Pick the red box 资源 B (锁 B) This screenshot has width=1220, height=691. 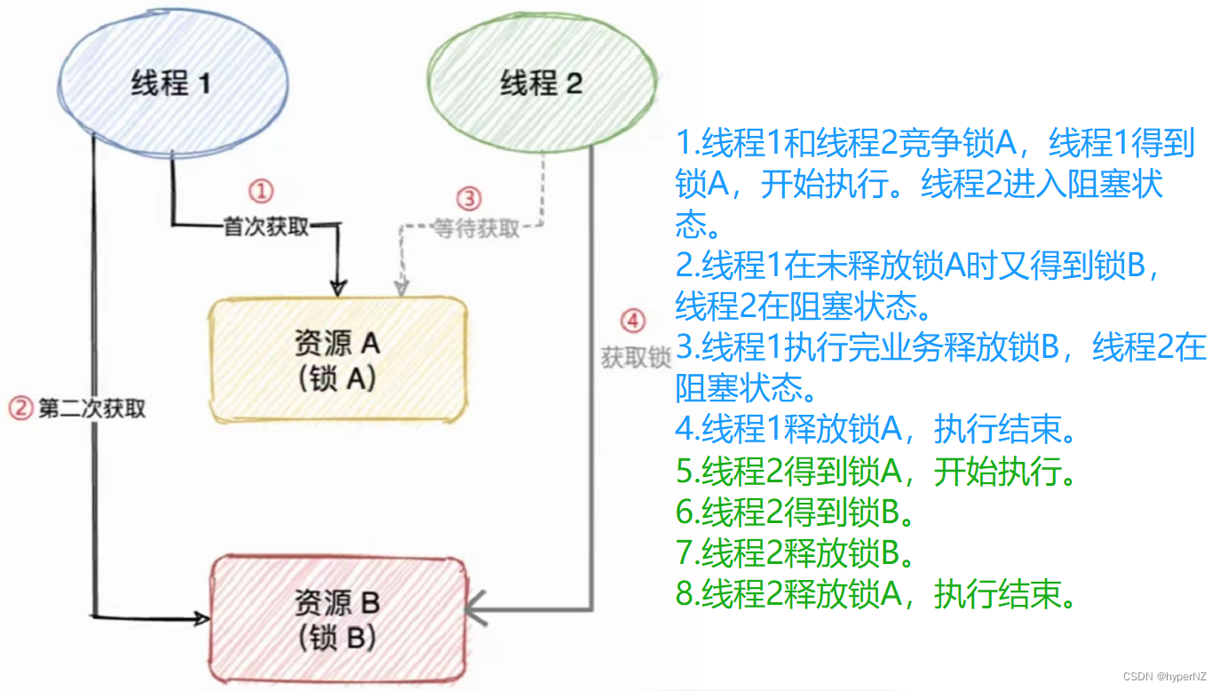pos(337,618)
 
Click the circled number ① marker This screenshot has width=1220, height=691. pos(260,191)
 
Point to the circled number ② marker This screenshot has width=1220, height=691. pos(20,409)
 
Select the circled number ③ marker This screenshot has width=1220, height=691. pos(468,197)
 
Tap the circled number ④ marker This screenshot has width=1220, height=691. pos(631,321)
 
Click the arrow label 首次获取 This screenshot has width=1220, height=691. pos(266,227)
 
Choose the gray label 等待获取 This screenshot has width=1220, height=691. pos(476,228)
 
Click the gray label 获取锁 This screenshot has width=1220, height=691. pos(635,358)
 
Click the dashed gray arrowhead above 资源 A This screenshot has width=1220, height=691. pos(402,287)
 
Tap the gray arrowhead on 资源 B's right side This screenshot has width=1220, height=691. pos(474,610)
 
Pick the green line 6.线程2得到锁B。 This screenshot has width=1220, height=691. pos(796,513)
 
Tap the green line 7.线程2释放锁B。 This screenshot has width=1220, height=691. pos(796,554)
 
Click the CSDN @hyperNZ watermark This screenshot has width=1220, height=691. pos(1164,677)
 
